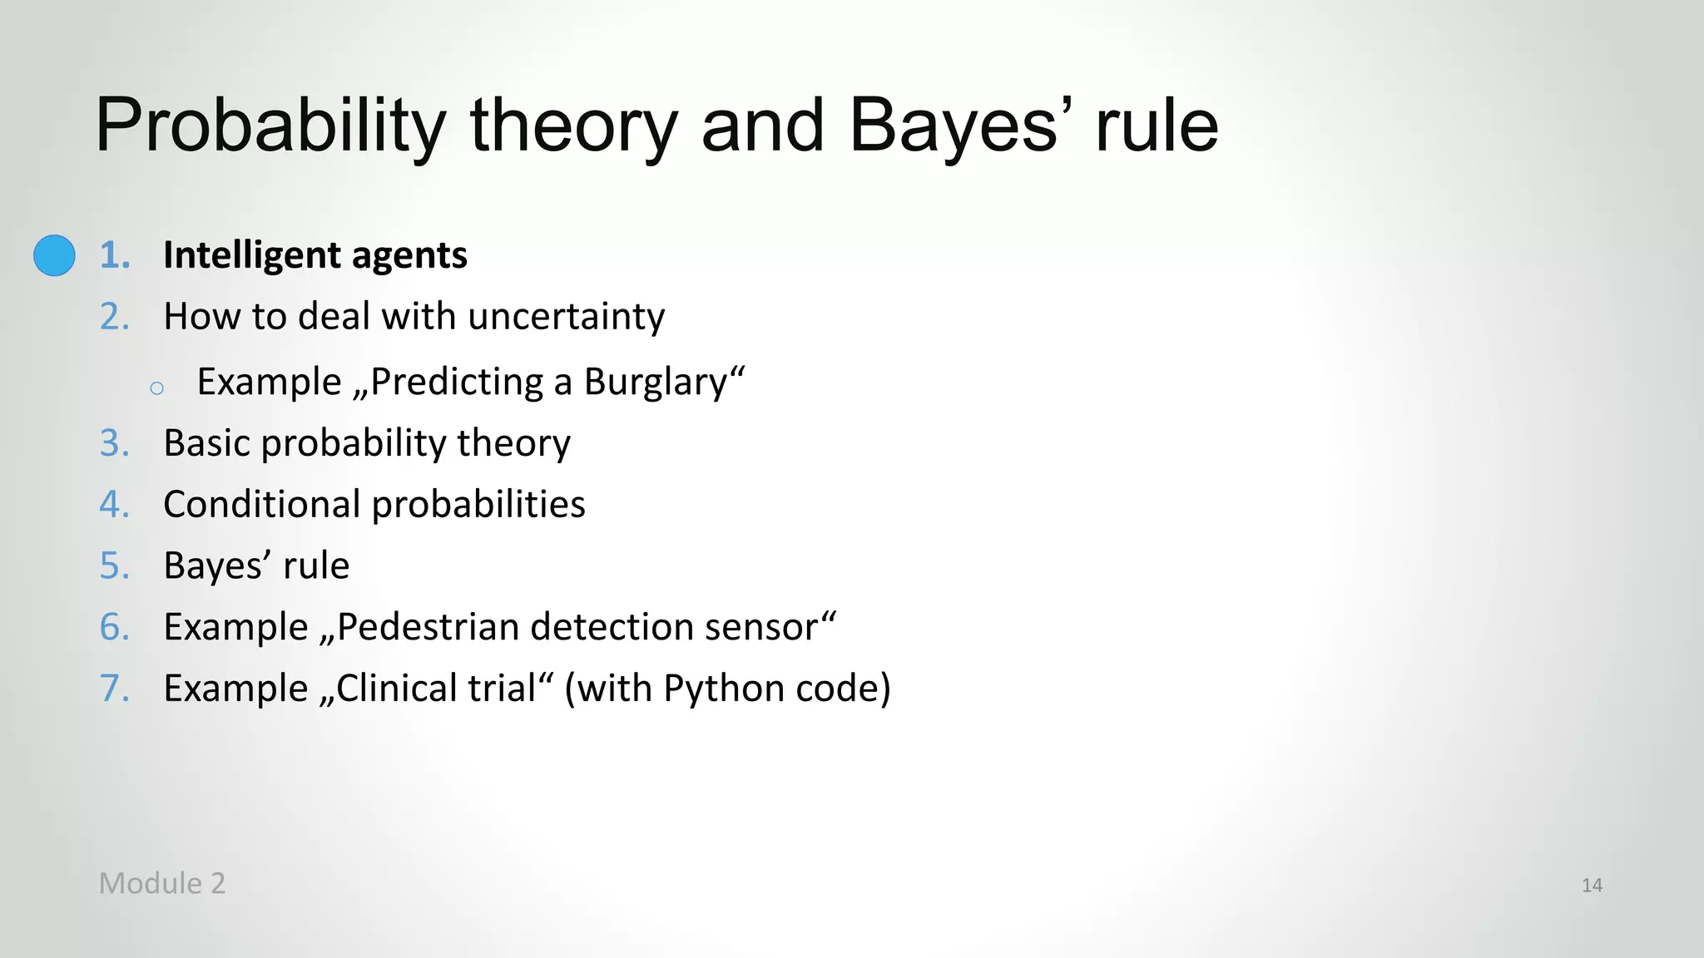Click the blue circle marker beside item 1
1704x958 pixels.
click(54, 255)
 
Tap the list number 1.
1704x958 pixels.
click(115, 255)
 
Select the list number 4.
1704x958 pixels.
click(115, 505)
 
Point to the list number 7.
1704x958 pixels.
click(115, 689)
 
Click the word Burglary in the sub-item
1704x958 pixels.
click(656, 383)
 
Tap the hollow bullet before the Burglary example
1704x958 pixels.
click(156, 388)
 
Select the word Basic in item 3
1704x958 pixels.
click(206, 443)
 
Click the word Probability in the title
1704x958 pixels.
click(271, 126)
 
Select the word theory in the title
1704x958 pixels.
click(574, 126)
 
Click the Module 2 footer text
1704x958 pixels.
click(162, 883)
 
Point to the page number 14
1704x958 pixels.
click(1592, 886)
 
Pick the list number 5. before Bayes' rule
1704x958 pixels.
click(115, 566)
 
